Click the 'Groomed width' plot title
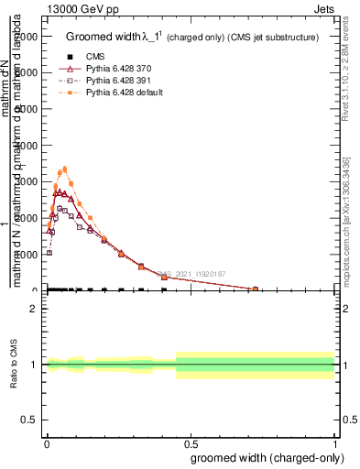pyautogui.click(x=192, y=38)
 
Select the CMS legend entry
pyautogui.click(x=108, y=57)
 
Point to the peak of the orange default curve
pyautogui.click(x=64, y=169)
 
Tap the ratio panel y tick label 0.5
pyautogui.click(x=30, y=420)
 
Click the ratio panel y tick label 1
pyautogui.click(x=34, y=365)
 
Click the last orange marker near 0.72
pyautogui.click(x=256, y=289)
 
